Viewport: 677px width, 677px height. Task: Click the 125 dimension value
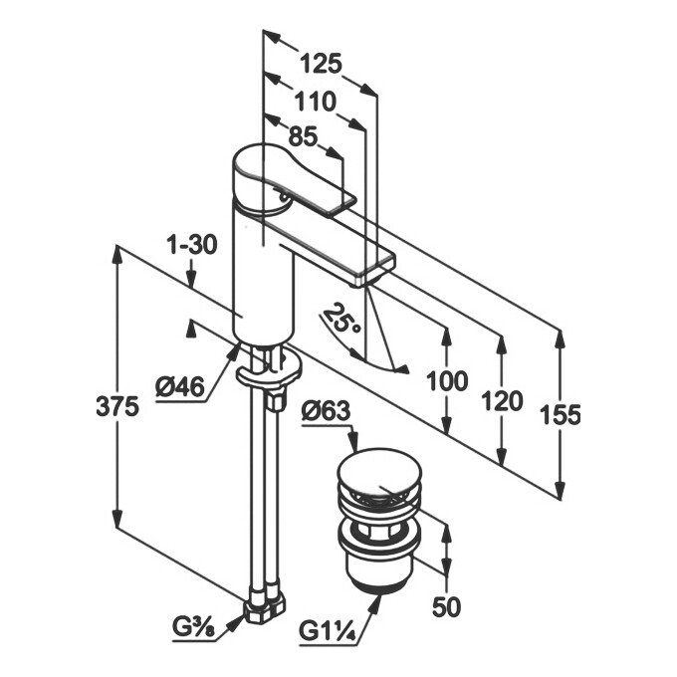[321, 65]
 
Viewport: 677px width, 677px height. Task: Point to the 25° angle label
[340, 321]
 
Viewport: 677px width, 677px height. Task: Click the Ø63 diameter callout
[323, 409]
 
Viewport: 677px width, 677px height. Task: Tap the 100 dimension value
[445, 380]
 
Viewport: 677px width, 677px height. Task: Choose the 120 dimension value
[502, 400]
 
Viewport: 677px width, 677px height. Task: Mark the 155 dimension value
[560, 415]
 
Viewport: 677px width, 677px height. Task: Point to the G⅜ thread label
[202, 628]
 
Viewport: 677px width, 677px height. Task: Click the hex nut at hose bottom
[264, 604]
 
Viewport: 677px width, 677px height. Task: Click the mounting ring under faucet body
[269, 372]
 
